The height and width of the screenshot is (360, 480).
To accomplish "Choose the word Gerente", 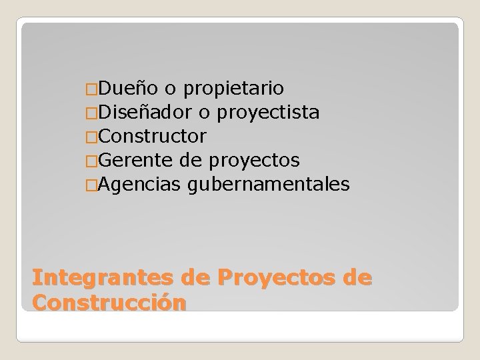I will tap(133, 161).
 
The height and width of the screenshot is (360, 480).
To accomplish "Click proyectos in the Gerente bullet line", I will tap(254, 161).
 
